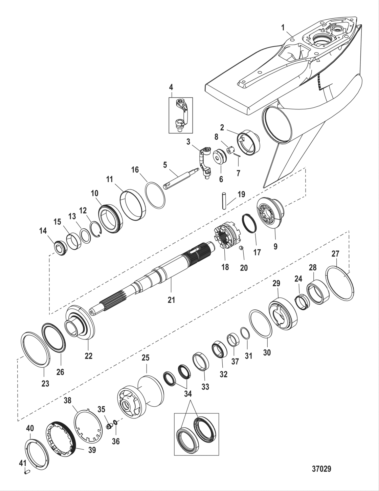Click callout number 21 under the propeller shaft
[x=171, y=300]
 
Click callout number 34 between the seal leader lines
[x=188, y=394]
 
